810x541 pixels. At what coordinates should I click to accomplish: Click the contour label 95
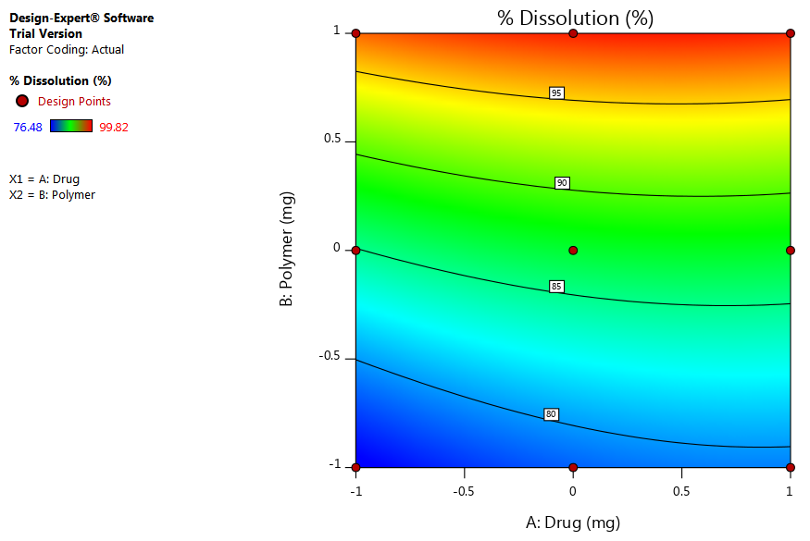pos(556,93)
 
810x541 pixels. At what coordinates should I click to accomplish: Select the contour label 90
pos(562,183)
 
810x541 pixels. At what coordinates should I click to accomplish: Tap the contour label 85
pos(556,287)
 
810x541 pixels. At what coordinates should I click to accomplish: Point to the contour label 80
pos(552,414)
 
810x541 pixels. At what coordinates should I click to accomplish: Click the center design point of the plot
pos(573,251)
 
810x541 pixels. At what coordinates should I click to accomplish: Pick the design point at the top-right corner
pos(791,33)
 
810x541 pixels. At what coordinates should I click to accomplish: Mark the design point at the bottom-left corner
pos(356,467)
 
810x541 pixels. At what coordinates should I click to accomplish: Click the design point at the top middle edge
pos(573,33)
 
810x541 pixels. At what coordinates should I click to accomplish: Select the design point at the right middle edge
pos(791,251)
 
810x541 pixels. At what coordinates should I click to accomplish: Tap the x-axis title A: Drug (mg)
pos(573,523)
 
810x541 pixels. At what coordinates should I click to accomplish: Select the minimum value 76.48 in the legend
pos(25,127)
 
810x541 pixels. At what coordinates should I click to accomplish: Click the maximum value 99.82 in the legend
pos(114,127)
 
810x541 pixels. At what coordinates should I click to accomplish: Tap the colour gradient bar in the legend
pos(71,126)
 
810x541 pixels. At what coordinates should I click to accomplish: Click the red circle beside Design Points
pos(22,101)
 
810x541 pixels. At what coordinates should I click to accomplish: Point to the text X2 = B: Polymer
pos(52,195)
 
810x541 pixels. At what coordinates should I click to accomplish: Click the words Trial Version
pos(45,34)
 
